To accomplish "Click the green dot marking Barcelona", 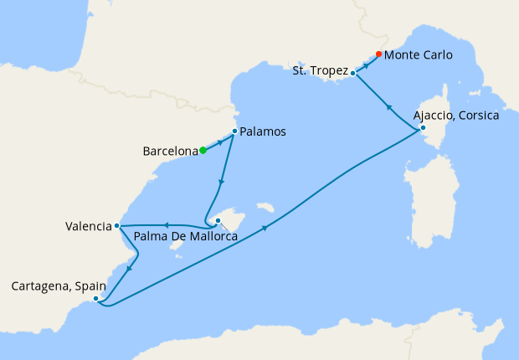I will [x=203, y=151].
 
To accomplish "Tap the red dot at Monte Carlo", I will [x=378, y=54].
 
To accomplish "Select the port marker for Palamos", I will [x=234, y=131].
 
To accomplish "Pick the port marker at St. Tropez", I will [x=353, y=73].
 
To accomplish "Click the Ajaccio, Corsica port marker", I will [x=422, y=128].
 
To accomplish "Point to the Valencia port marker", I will [x=116, y=226].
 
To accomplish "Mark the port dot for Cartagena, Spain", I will [x=97, y=299].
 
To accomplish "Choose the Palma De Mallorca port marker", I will [x=218, y=221].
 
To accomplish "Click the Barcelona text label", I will [x=171, y=152].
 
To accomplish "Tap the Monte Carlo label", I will [x=419, y=55].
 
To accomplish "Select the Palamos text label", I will [x=263, y=132].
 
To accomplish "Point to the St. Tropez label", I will [x=320, y=71].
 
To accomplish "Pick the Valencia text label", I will [x=89, y=226].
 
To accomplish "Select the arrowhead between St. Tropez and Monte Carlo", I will [x=367, y=63].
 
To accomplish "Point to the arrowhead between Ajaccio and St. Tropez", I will [x=388, y=106].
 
